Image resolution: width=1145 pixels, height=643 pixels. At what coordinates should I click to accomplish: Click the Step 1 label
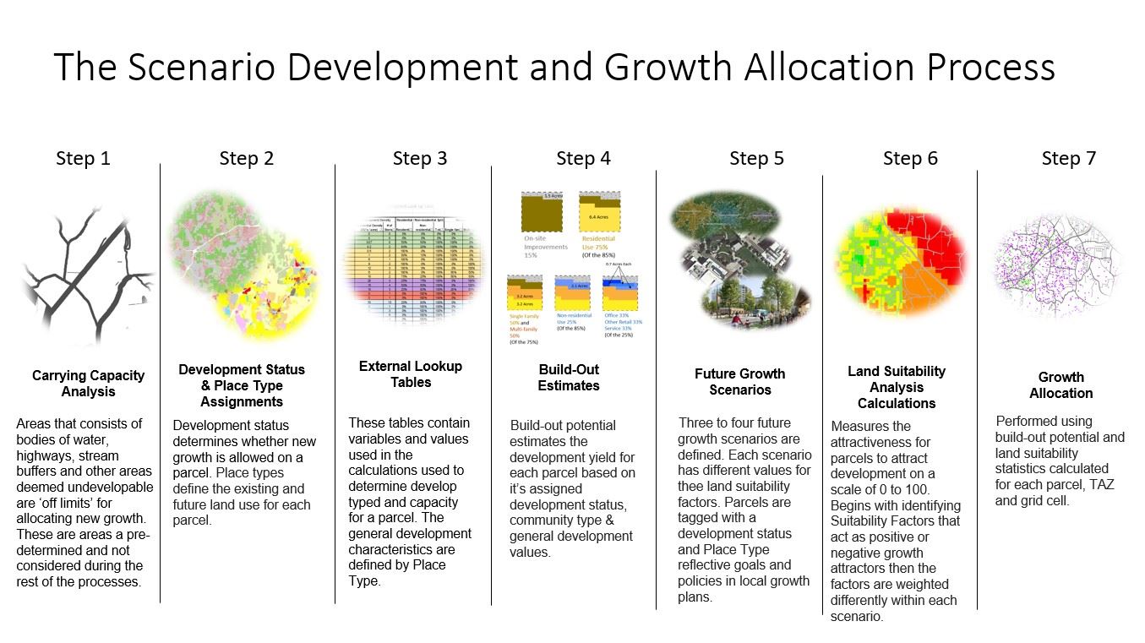(x=83, y=159)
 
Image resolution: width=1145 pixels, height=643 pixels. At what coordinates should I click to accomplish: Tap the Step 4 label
(x=583, y=159)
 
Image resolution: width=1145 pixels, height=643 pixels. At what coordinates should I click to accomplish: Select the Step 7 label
(x=1068, y=159)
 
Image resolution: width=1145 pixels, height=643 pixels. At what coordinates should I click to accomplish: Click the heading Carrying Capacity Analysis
(x=89, y=384)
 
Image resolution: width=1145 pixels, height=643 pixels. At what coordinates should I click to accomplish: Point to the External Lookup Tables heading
(x=411, y=374)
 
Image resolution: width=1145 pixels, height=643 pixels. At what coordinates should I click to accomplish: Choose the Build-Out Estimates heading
(x=569, y=378)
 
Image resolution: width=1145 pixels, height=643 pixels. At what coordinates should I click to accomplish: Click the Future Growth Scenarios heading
(x=739, y=382)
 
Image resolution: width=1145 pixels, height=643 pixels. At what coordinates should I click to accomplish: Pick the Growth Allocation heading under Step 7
(x=1060, y=385)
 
